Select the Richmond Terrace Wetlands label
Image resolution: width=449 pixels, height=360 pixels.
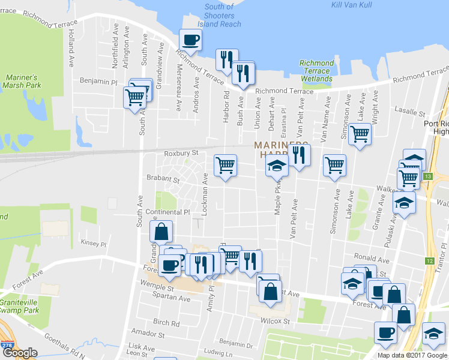coord(316,71)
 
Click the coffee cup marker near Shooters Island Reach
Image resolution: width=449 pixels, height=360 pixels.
coord(190,40)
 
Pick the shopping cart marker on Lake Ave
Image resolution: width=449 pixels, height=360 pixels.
coord(360,134)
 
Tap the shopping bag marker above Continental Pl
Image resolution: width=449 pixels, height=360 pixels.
coord(161,232)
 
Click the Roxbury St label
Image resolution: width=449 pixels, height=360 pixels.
coord(181,154)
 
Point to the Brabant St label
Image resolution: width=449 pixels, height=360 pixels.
coord(163,179)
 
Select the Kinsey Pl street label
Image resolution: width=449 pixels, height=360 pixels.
coord(93,244)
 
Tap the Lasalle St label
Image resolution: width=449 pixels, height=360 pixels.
coord(410,112)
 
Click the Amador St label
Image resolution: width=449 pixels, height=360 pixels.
coord(144,332)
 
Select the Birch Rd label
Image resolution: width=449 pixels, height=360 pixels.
coord(166,322)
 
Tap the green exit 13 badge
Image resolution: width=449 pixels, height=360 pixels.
coord(427,176)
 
